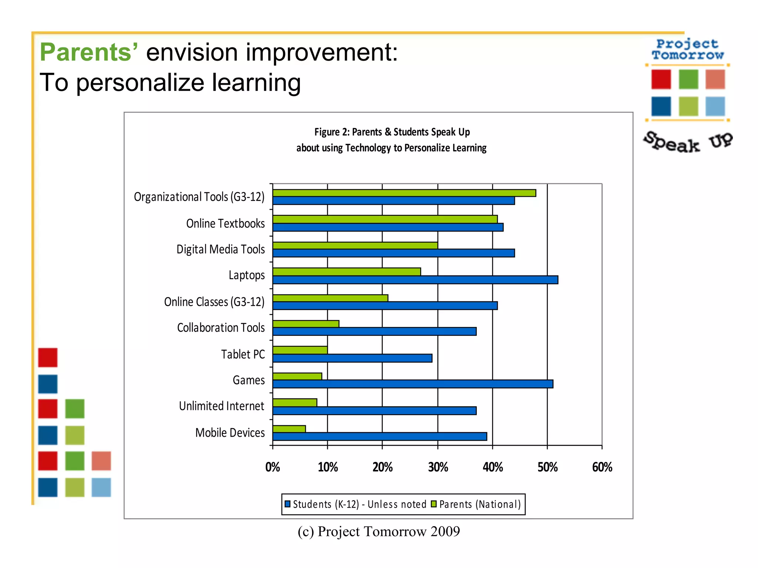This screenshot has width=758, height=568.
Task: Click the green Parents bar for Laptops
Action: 346,272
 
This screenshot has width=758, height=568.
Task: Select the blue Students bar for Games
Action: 413,384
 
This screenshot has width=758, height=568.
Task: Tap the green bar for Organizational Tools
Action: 404,193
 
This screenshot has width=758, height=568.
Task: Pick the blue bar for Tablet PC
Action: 352,358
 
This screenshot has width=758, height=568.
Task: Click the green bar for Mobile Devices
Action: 289,429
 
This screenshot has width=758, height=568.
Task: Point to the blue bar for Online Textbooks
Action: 388,227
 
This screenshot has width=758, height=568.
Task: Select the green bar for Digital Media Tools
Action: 355,246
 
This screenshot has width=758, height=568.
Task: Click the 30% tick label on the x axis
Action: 438,467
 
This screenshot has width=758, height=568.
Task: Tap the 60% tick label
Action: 602,467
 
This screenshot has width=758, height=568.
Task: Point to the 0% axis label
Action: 273,467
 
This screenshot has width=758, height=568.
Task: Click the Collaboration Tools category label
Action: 221,328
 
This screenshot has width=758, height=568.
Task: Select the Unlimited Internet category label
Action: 222,406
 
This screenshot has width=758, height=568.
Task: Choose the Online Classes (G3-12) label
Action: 214,302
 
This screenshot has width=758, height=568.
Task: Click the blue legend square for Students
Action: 288,504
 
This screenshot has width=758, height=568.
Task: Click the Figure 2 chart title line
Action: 392,132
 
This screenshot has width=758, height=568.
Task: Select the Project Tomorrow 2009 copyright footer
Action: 379,532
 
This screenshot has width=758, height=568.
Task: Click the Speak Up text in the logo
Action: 688,143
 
